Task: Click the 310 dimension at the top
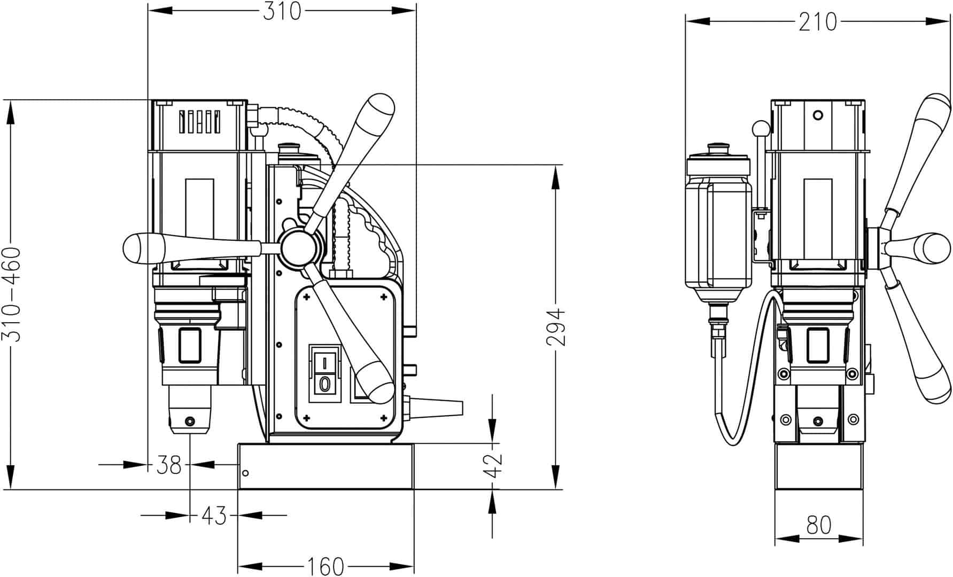click(282, 11)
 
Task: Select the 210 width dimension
click(817, 22)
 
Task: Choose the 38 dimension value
click(169, 465)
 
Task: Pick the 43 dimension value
click(214, 516)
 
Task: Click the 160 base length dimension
click(325, 566)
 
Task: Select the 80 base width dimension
click(819, 525)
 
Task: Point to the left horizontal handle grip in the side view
click(144, 248)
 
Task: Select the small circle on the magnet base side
click(245, 473)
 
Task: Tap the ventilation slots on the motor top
click(199, 122)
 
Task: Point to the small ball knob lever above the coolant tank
click(760, 128)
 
